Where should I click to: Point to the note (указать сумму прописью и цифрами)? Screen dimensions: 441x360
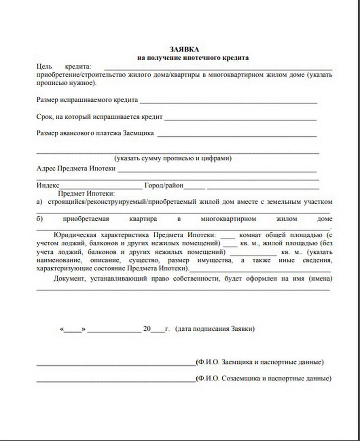[173, 158]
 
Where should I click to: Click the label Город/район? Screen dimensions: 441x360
[164, 185]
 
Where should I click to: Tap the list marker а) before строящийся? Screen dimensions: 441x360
[39, 202]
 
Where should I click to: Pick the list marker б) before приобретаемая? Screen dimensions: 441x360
[39, 219]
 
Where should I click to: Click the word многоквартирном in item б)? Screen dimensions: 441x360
[228, 219]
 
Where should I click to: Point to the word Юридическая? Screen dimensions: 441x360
[74, 236]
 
